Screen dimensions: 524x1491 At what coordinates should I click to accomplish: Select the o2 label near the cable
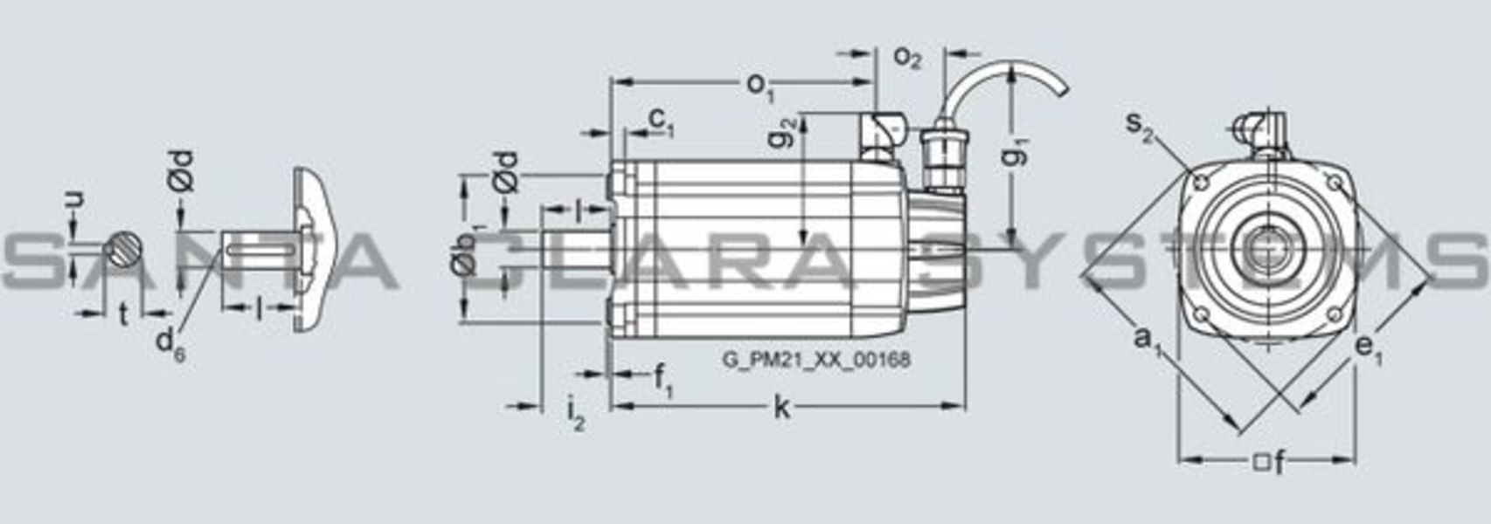pos(907,57)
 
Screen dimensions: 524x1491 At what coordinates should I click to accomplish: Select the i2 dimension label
pos(575,413)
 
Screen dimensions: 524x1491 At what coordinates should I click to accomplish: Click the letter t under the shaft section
pos(123,314)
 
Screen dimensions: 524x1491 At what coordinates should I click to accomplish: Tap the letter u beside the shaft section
pos(76,200)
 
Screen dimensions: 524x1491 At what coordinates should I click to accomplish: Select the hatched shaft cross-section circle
pos(123,250)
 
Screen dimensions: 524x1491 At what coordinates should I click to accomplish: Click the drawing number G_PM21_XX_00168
pos(816,360)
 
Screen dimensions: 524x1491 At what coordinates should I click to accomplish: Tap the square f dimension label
pos(1270,462)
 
